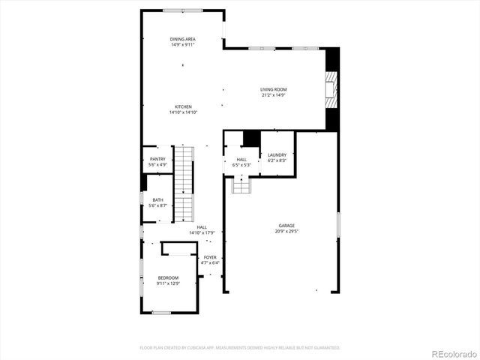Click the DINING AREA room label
(x=183, y=39)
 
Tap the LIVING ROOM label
(x=274, y=89)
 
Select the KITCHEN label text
(x=183, y=106)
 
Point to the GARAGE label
(x=286, y=226)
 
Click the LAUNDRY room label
(x=277, y=155)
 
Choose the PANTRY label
(x=157, y=159)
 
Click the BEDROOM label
(x=168, y=277)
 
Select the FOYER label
(x=210, y=257)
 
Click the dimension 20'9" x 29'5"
(x=286, y=232)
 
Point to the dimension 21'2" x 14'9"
(x=274, y=95)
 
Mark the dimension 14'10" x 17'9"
(x=202, y=232)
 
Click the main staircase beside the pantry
(x=184, y=184)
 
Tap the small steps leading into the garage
(x=240, y=184)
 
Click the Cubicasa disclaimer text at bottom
(x=240, y=348)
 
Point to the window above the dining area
(x=183, y=10)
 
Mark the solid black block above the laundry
(x=251, y=139)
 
